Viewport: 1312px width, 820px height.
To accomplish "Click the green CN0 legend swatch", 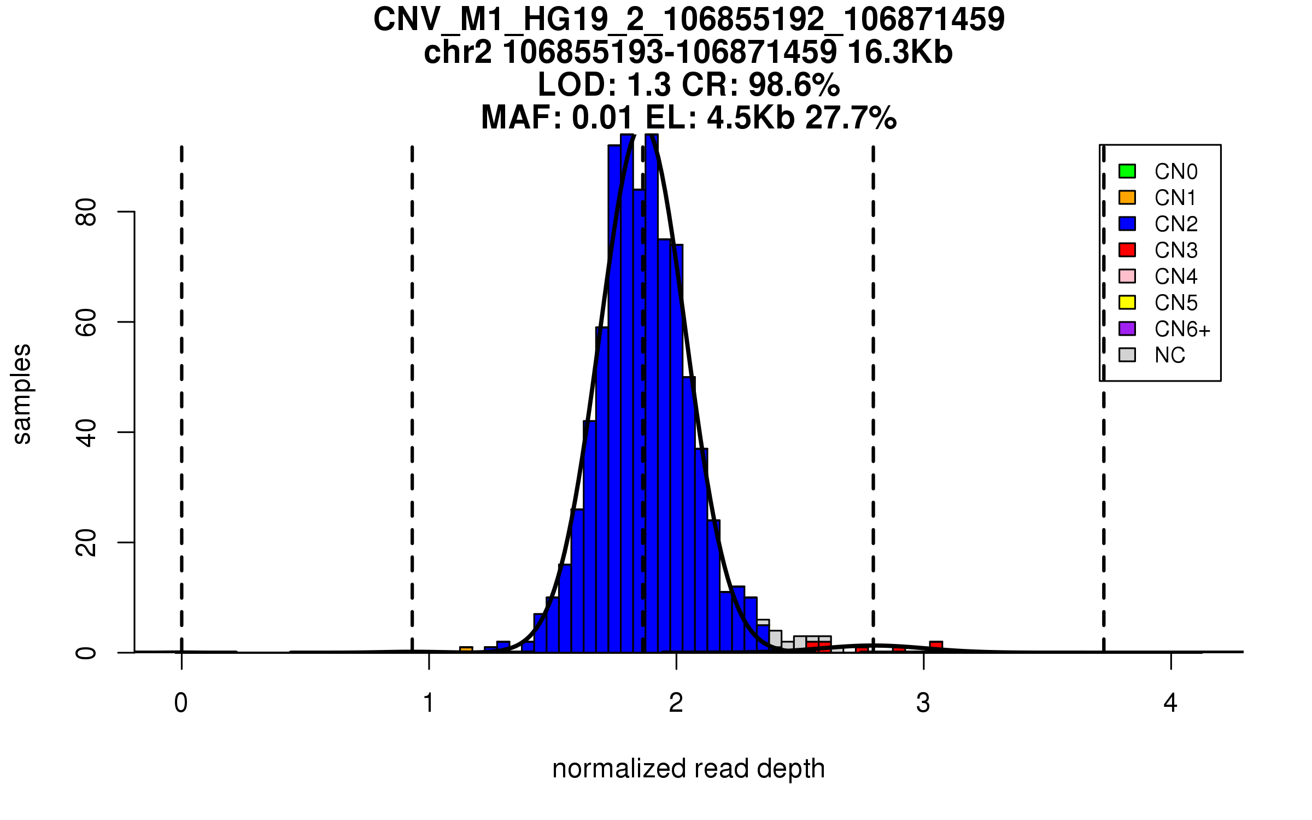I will tap(1127, 171).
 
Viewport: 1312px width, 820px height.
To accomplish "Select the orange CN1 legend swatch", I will tap(1127, 197).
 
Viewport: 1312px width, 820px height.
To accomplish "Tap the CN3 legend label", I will tap(1176, 250).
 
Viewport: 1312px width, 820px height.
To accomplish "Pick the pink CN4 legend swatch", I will tap(1127, 276).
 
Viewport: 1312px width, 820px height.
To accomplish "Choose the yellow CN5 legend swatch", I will tap(1127, 302).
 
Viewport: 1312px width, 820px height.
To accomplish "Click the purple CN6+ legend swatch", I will tap(1127, 329).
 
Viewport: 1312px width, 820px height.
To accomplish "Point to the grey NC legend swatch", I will tap(1127, 355).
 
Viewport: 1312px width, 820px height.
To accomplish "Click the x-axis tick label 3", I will tap(923, 703).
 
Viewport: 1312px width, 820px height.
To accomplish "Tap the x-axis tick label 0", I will tap(181, 703).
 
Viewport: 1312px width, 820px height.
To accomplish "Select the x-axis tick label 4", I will tap(1170, 703).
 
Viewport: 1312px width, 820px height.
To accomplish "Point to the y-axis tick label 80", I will tap(86, 212).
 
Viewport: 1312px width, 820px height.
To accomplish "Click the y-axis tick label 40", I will tap(86, 432).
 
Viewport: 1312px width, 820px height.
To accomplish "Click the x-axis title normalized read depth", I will tap(688, 769).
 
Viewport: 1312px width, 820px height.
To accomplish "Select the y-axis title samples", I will tap(22, 394).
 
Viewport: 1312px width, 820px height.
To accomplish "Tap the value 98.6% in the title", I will tap(794, 85).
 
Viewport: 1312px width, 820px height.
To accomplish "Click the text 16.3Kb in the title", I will tap(900, 52).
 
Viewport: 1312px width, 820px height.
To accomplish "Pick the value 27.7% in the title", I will tap(851, 118).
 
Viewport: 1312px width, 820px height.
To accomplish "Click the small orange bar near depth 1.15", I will tap(466, 649).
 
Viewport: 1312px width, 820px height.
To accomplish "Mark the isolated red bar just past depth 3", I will tap(936, 646).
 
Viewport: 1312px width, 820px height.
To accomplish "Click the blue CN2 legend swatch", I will tap(1127, 224).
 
